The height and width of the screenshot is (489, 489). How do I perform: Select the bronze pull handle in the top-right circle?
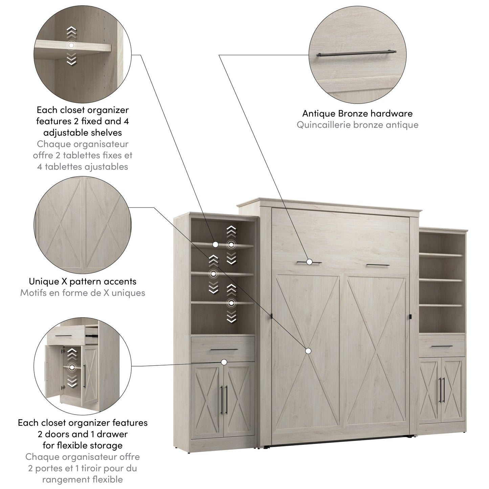coord(356,53)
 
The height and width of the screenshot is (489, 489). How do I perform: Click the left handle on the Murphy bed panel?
coord(309,262)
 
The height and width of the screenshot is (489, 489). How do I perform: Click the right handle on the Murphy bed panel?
coord(378,265)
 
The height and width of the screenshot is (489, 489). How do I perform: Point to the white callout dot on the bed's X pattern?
coord(308,351)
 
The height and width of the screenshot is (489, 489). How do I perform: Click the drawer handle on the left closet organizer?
coord(224,350)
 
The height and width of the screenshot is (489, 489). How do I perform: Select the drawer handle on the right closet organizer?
coord(442,346)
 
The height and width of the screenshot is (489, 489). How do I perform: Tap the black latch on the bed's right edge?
coord(410,317)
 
